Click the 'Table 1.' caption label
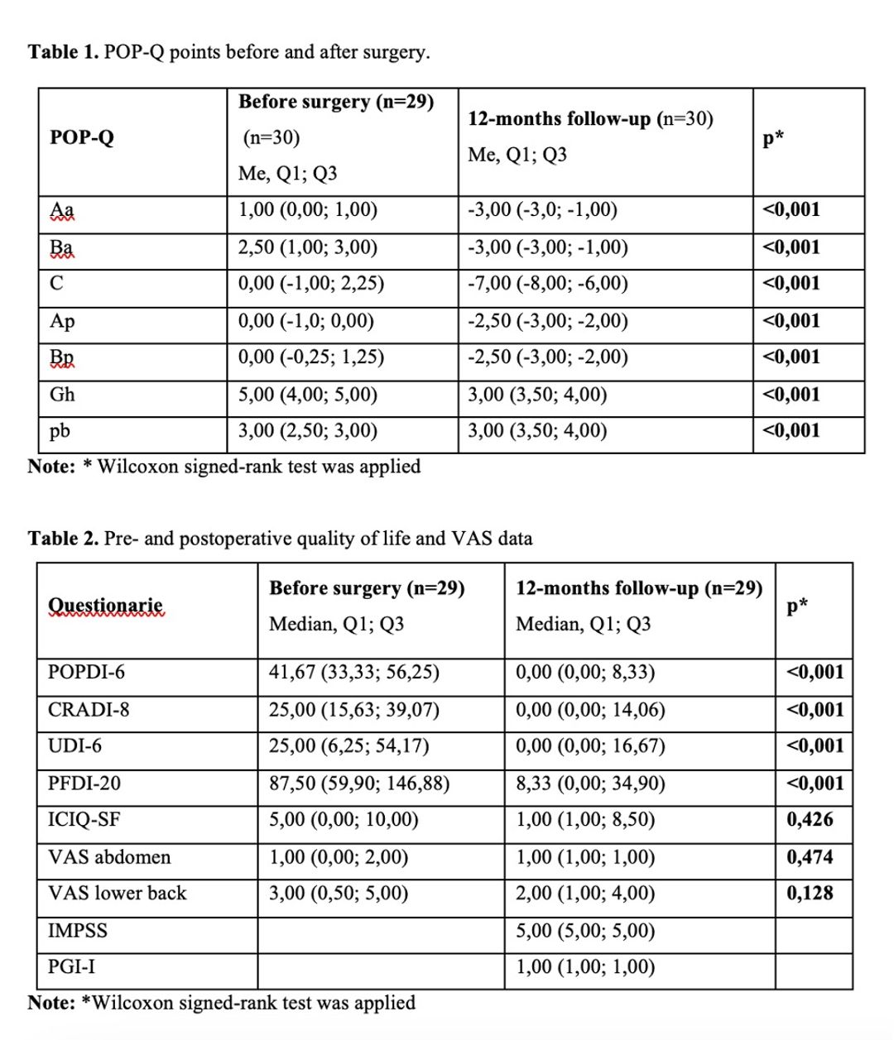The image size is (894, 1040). (64, 52)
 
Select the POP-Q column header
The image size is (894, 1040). (81, 137)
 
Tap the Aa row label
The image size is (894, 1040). (61, 210)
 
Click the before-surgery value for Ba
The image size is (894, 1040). (307, 247)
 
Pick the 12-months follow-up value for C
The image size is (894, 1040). (547, 284)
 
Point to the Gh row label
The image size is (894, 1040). (62, 395)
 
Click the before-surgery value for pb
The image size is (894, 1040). (307, 431)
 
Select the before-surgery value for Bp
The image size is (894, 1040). (310, 357)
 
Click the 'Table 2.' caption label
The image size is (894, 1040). (64, 539)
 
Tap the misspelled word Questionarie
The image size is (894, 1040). (105, 605)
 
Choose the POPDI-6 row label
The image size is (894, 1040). (86, 672)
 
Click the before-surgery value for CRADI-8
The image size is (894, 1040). (353, 710)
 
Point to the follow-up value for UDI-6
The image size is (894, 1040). (590, 746)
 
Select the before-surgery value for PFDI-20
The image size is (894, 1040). (358, 783)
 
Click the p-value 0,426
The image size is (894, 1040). (810, 820)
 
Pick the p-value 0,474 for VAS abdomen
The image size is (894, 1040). (810, 857)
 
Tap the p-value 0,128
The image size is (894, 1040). (810, 894)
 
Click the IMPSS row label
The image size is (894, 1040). (78, 931)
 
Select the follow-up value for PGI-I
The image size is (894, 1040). (585, 967)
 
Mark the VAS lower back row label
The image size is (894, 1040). (117, 894)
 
